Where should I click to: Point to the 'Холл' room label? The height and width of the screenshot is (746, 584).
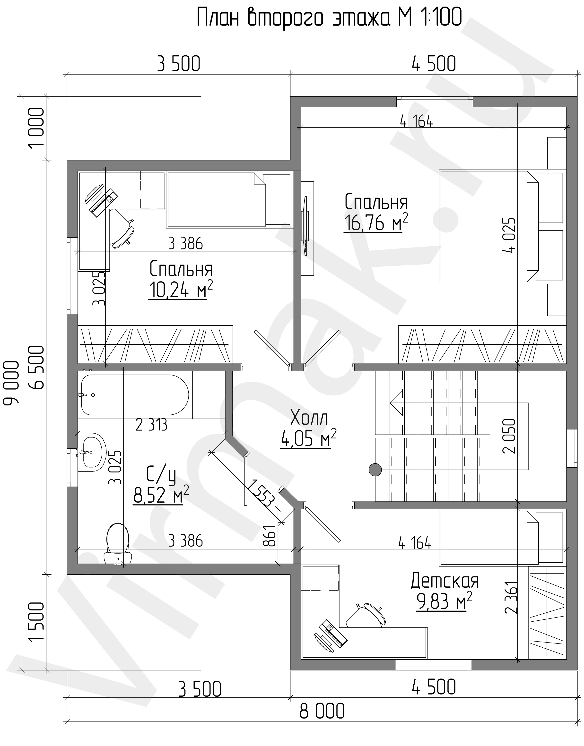(x=309, y=418)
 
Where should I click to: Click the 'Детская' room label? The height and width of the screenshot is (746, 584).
(x=445, y=581)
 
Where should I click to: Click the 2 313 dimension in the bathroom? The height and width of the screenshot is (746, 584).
(x=151, y=425)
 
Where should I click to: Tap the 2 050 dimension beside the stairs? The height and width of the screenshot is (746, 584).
(x=508, y=436)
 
